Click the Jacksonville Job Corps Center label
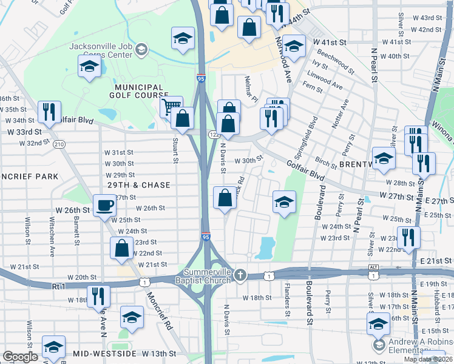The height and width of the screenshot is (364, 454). click(101, 50)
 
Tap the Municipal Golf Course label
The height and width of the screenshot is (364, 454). click(138, 91)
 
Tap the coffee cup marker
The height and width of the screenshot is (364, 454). click(104, 204)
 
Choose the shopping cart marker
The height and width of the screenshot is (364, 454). click(172, 107)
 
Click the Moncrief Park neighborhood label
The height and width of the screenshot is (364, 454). click(28, 177)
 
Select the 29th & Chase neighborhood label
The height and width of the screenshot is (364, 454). click(138, 184)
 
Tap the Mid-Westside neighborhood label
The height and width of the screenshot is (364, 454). click(104, 353)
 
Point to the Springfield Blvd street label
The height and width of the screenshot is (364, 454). click(313, 130)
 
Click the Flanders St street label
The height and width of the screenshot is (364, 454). click(286, 305)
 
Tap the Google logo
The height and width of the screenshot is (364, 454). click(20, 357)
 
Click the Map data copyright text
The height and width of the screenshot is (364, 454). click(429, 359)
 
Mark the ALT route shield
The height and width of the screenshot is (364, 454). click(373, 267)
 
